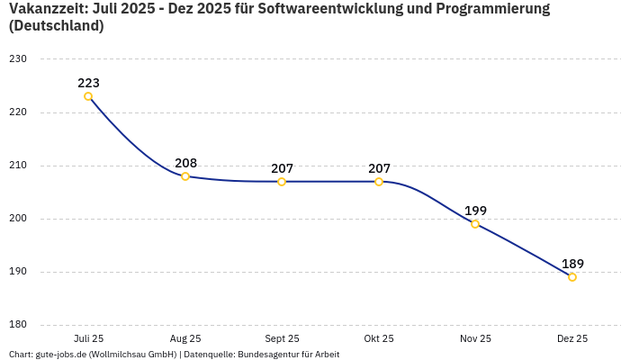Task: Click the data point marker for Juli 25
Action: pyautogui.click(x=88, y=96)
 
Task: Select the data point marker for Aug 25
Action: pyautogui.click(x=185, y=176)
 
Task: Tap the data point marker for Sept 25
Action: pyautogui.click(x=282, y=182)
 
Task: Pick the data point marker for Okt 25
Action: pyautogui.click(x=379, y=182)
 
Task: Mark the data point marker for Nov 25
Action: pyautogui.click(x=475, y=224)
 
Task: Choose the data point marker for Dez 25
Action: pyautogui.click(x=572, y=277)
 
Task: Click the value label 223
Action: pyautogui.click(x=88, y=83)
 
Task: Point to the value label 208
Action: pyautogui.click(x=185, y=163)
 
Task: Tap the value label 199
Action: pyautogui.click(x=475, y=211)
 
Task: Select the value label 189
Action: pyautogui.click(x=572, y=264)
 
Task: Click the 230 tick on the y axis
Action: pyautogui.click(x=18, y=59)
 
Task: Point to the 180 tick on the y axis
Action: pyautogui.click(x=18, y=325)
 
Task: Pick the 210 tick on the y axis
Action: pyautogui.click(x=18, y=166)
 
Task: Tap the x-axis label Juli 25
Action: pyautogui.click(x=88, y=338)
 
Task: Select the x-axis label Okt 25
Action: pyautogui.click(x=379, y=338)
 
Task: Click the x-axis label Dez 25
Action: pyautogui.click(x=572, y=338)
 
